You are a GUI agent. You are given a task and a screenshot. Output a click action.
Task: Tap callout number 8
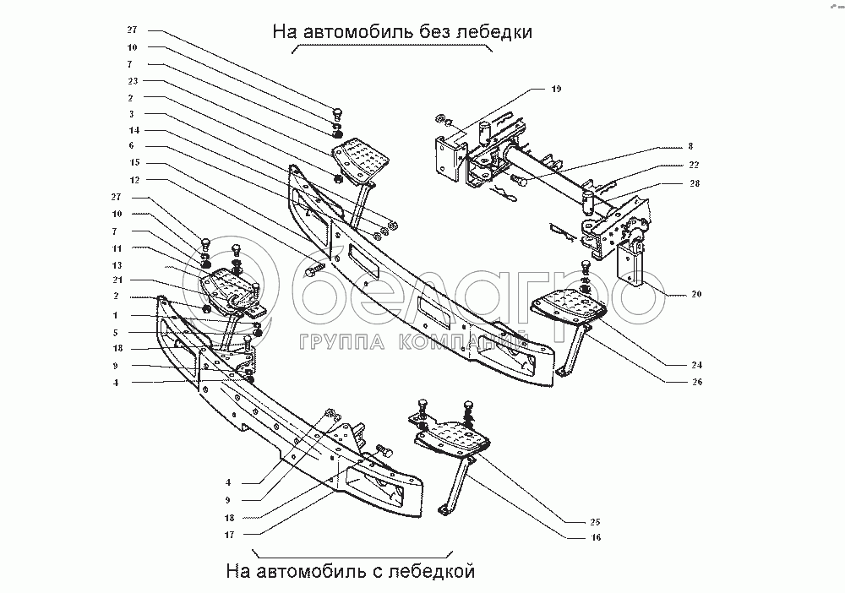click(690, 146)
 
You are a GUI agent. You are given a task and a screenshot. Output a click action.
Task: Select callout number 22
click(693, 165)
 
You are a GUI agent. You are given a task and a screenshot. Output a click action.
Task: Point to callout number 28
click(693, 182)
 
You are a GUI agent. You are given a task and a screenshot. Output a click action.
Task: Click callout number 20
click(696, 295)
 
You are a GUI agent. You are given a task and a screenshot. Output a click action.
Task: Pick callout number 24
click(696, 365)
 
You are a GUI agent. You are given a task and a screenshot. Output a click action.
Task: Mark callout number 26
click(696, 382)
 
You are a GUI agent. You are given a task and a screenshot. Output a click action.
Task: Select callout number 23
click(133, 81)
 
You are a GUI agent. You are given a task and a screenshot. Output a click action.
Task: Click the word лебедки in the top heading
click(491, 33)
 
